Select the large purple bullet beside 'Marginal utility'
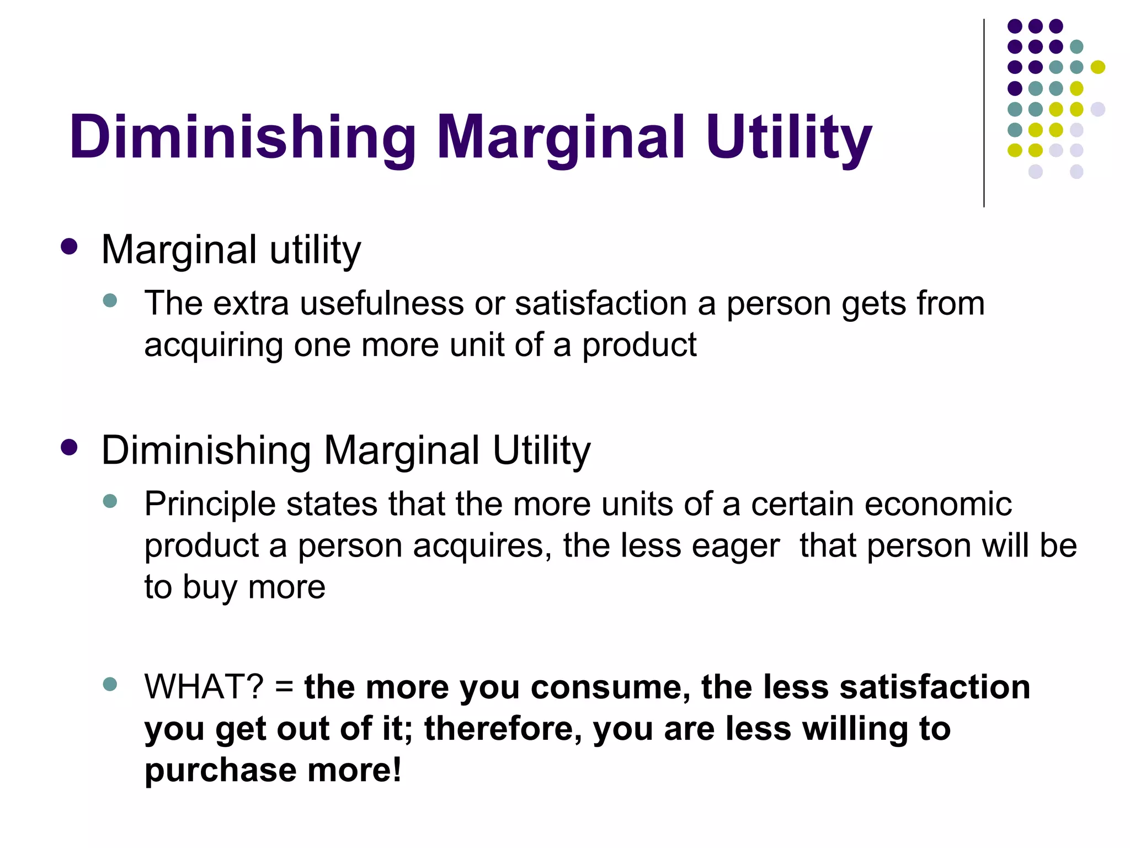click(69, 246)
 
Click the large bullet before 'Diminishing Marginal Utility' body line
click(69, 447)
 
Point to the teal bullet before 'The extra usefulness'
click(110, 300)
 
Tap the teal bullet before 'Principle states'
click(110, 501)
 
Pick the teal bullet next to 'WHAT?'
click(110, 685)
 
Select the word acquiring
click(212, 346)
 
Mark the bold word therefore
click(503, 729)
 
